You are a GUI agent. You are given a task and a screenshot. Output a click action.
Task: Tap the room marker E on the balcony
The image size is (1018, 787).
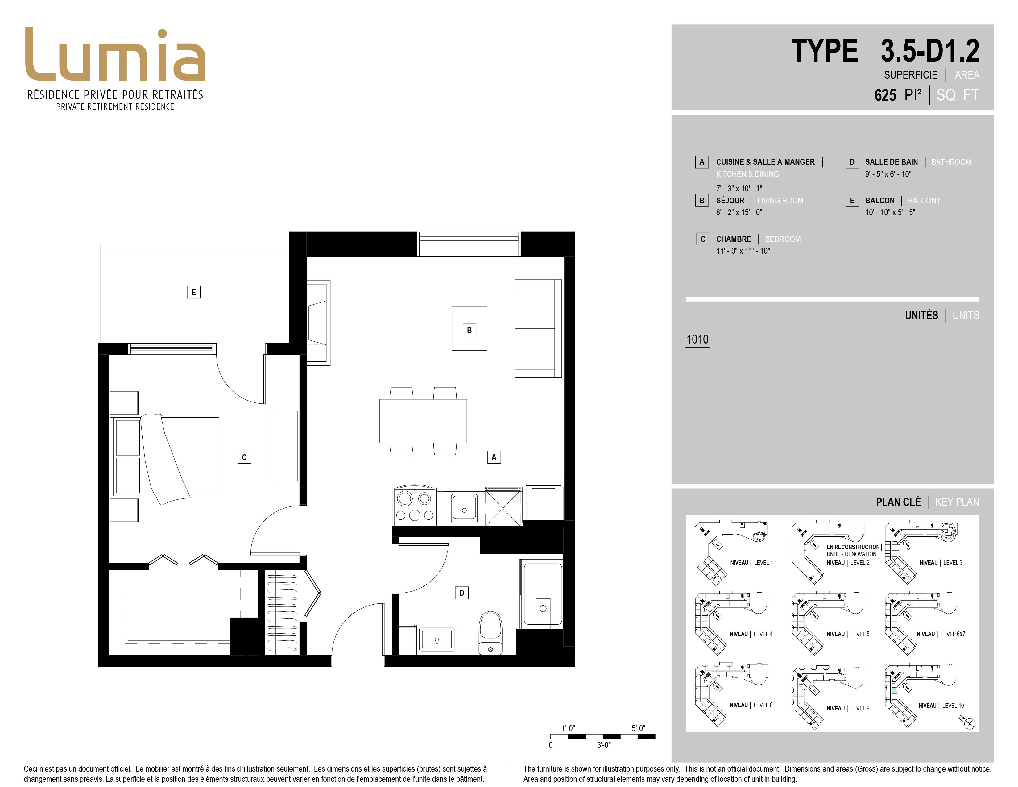pyautogui.click(x=193, y=292)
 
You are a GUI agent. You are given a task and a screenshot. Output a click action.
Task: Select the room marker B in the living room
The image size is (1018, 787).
pyautogui.click(x=470, y=330)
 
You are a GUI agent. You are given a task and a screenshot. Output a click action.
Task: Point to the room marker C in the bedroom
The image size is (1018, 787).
pyautogui.click(x=244, y=457)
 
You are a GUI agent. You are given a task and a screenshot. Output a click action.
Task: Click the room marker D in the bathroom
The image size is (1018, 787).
pyautogui.click(x=461, y=593)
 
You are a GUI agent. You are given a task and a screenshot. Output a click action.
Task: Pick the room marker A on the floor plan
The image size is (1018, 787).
pyautogui.click(x=494, y=457)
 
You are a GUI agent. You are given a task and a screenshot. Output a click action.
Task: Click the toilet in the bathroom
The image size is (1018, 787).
pyautogui.click(x=490, y=633)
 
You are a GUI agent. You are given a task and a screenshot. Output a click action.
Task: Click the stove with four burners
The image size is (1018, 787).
pyautogui.click(x=414, y=506)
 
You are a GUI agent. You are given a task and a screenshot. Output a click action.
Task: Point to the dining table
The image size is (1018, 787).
pyautogui.click(x=423, y=421)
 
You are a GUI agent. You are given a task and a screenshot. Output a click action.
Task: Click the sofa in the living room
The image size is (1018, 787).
pyautogui.click(x=538, y=328)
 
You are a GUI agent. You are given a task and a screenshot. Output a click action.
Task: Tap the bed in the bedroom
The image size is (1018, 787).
pyautogui.click(x=164, y=457)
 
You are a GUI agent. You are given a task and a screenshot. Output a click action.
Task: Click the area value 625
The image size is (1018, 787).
pyautogui.click(x=885, y=95)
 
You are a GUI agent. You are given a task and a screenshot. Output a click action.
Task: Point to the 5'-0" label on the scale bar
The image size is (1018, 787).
pyautogui.click(x=638, y=728)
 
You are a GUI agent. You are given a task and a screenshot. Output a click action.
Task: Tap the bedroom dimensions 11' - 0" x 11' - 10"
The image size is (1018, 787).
pyautogui.click(x=743, y=251)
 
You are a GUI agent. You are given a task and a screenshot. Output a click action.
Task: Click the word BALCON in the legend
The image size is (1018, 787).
pyautogui.click(x=879, y=201)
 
